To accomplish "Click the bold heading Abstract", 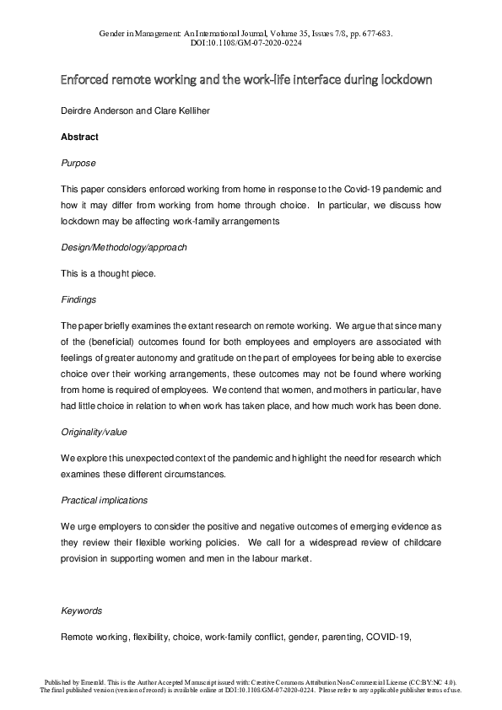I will tap(79, 137).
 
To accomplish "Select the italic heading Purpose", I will tap(78, 163).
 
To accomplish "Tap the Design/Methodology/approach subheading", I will tap(124, 247).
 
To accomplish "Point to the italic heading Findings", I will tap(78, 299).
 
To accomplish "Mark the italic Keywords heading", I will tap(81, 610).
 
